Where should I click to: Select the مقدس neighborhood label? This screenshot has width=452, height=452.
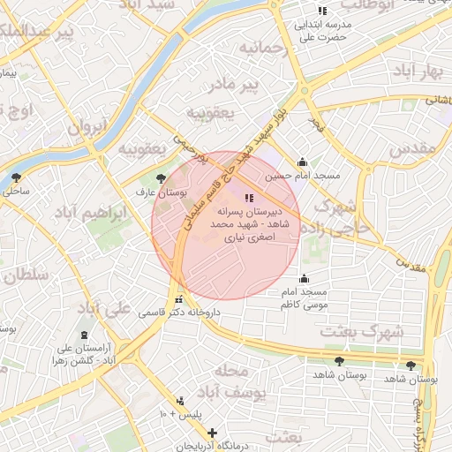click(412, 149)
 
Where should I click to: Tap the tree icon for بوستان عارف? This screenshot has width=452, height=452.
click(160, 177)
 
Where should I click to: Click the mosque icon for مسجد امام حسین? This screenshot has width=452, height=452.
click(303, 162)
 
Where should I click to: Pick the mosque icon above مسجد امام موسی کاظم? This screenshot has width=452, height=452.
click(304, 279)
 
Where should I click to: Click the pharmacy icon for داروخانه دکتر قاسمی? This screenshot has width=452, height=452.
click(179, 299)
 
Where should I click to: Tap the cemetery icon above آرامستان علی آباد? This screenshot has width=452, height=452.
click(84, 335)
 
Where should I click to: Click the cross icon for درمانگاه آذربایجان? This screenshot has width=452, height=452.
click(212, 433)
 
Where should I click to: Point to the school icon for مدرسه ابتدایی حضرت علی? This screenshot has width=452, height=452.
click(323, 11)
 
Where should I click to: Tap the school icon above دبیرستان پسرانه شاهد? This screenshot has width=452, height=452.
click(249, 198)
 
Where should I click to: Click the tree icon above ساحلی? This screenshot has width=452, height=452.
click(17, 177)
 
